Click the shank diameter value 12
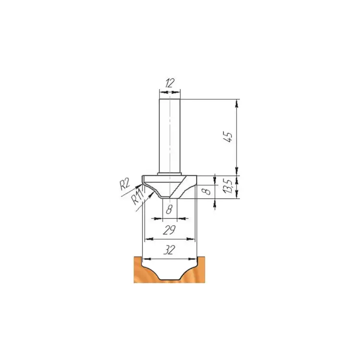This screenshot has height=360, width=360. [169, 83]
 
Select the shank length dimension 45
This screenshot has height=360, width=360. [228, 137]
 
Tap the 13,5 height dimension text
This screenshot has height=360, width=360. [228, 186]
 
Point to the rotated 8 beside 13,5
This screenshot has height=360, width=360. [208, 191]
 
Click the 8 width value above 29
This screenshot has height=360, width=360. [169, 209]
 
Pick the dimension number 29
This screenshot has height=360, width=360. [169, 230]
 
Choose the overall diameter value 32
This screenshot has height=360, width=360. [169, 250]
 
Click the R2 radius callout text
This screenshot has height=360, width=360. [125, 184]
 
